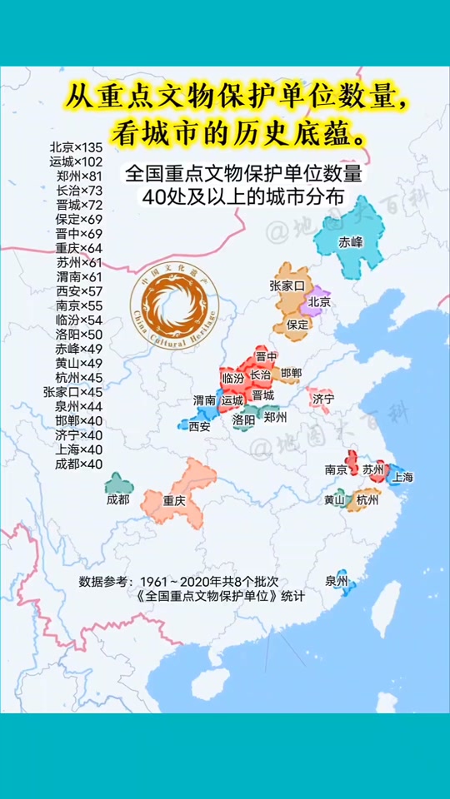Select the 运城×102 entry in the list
[x=76, y=161]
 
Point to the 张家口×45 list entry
[x=73, y=392]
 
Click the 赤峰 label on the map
[x=351, y=243]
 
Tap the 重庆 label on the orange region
[x=173, y=501]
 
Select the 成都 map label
[x=118, y=500]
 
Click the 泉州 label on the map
[x=337, y=581]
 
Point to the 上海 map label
[x=402, y=478]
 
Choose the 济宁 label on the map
[x=323, y=399]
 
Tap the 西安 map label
[x=199, y=425]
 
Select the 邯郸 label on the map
[x=292, y=373]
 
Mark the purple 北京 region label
[x=319, y=302]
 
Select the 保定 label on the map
[x=297, y=324]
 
